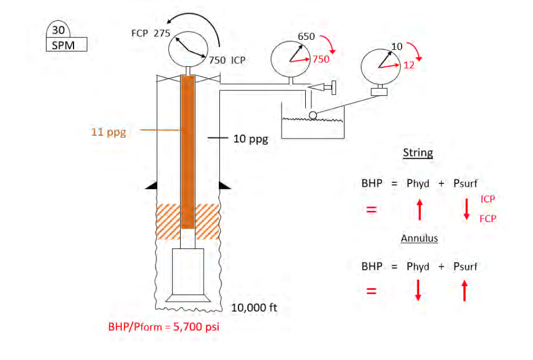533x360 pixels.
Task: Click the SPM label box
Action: tap(67, 44)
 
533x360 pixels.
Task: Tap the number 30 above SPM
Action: tap(58, 30)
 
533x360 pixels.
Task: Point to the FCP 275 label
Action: tap(150, 33)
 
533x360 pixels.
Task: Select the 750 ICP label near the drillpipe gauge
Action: tap(227, 60)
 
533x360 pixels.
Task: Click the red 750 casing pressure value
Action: tap(321, 59)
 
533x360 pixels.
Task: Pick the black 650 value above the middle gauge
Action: tap(306, 36)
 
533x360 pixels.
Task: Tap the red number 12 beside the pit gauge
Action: tap(409, 65)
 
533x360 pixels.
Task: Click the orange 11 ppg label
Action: tap(109, 132)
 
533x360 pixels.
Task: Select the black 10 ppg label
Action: tap(251, 139)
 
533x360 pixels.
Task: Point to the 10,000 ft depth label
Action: tap(254, 308)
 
